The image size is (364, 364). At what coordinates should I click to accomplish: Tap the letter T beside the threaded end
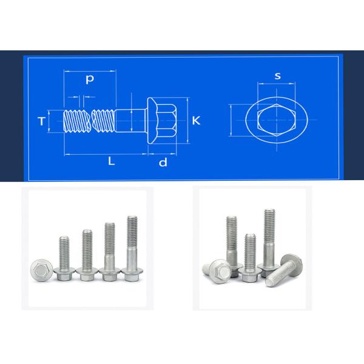41,121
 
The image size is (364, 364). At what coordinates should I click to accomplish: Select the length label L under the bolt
110,161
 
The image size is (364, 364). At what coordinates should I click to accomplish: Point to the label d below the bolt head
162,162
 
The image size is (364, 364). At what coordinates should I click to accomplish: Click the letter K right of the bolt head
195,121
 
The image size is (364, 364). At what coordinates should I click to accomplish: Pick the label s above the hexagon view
277,76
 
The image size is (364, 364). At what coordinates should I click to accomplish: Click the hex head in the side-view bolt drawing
163,121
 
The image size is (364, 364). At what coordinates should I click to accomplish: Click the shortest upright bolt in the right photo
249,258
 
